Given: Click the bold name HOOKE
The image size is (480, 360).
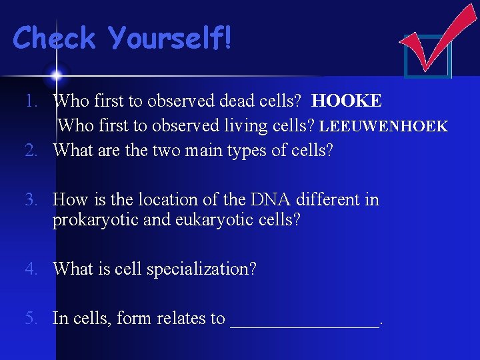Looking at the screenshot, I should [347, 101].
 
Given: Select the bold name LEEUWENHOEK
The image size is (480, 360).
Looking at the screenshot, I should [384, 126].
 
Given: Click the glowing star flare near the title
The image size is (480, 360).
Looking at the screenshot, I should [57, 73].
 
